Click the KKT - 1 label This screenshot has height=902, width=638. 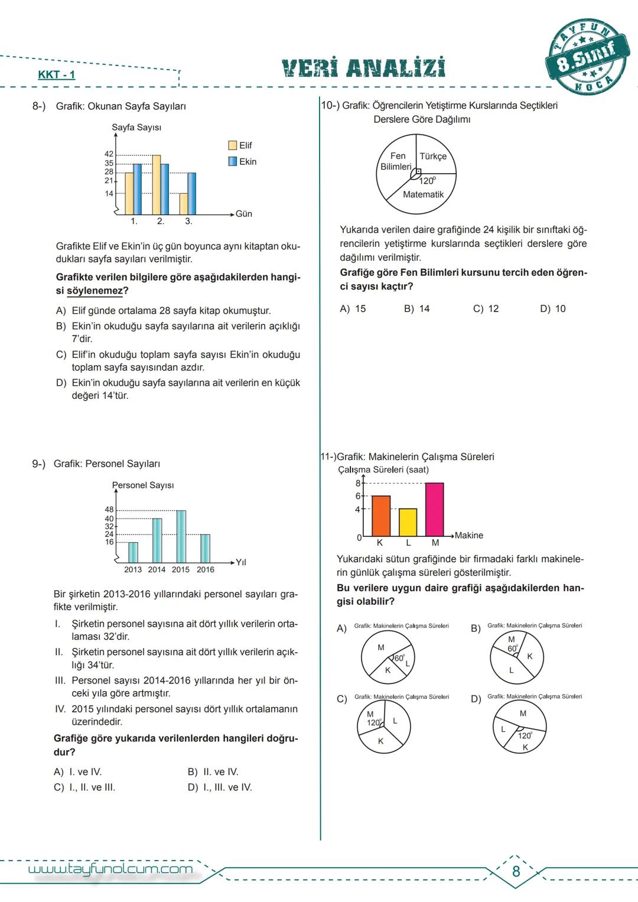coord(57,74)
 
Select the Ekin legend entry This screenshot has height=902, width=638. coord(242,162)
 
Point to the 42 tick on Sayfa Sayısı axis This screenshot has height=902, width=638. coord(109,154)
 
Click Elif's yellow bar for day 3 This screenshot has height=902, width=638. coord(184,204)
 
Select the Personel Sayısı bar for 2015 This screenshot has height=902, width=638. coord(181,536)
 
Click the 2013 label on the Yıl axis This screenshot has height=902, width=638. coord(133,569)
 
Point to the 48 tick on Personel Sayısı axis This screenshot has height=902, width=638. coord(109,509)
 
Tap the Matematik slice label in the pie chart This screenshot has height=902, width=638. coord(423,194)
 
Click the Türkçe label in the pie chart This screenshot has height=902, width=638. coord(433,157)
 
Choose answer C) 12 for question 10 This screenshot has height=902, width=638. coord(486,309)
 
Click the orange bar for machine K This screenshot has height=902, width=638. coord(381,516)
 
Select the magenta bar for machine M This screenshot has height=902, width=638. coord(435,509)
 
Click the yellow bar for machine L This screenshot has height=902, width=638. coord(408,522)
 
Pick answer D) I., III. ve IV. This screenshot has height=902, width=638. coord(220,787)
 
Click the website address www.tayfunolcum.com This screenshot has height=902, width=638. coord(110,868)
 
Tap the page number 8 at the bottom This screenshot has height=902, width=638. coord(516,871)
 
